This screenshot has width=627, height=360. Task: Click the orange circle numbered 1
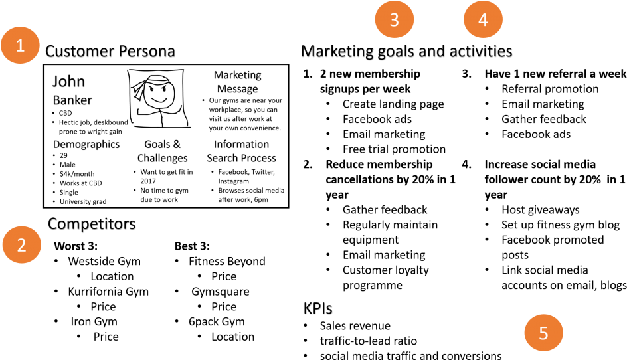point(20,45)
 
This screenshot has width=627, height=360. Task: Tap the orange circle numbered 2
point(22,244)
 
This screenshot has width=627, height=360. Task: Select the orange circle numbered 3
point(395,19)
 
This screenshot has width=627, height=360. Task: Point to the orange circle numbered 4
point(483,19)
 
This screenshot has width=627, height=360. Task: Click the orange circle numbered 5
point(543,333)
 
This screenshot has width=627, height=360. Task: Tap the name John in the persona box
point(69,82)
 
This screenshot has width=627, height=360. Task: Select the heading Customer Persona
point(110,52)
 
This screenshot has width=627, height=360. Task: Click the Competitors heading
point(92,224)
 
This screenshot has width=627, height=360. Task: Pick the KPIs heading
point(318,308)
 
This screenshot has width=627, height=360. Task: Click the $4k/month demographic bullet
point(77,174)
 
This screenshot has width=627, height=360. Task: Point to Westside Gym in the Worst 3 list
point(104,261)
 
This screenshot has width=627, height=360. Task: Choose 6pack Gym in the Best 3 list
point(217,321)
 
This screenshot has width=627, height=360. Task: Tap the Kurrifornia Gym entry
point(108,292)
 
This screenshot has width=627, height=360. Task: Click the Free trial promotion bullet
point(395,149)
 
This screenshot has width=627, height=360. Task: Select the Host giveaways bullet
point(541,210)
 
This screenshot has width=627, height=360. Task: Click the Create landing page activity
point(393,104)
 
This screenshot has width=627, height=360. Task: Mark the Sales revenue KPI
point(355,326)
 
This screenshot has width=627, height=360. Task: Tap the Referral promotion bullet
point(550,89)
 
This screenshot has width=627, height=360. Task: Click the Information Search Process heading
point(242,151)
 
